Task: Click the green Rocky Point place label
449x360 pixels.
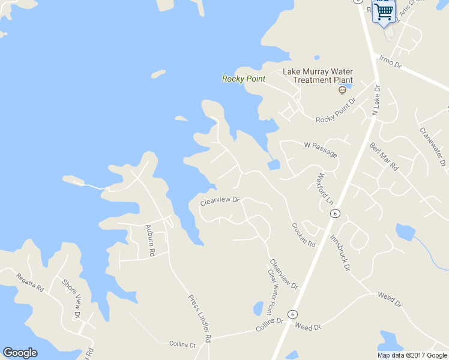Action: coord(243,79)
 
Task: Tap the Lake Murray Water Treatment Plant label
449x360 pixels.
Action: coord(318,76)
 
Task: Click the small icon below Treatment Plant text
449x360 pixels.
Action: coord(342,90)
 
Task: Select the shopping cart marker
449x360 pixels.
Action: coord(384,11)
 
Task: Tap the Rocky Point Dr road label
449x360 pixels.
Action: coord(336,111)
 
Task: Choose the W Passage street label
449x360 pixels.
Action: coord(321,149)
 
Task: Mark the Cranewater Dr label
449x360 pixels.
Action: coord(432,146)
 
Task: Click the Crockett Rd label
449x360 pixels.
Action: coord(303,235)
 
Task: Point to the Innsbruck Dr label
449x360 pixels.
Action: coord(340,253)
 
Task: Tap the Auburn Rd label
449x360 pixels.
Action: coord(150,241)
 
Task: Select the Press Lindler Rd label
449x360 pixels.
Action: coord(199,318)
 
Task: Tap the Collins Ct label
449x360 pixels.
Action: coord(182,344)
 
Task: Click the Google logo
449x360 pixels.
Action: coord(20,353)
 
